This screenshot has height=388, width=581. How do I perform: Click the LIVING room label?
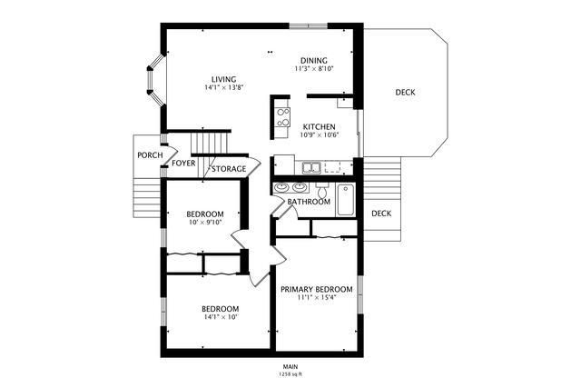[x=223, y=78]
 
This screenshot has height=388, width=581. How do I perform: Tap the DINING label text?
[x=314, y=60]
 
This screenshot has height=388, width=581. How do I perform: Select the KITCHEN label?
[x=319, y=127]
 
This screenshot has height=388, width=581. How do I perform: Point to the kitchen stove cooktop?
[x=281, y=115]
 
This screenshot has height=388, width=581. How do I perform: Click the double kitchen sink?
[x=311, y=167]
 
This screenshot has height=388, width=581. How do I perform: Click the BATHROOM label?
[x=309, y=202]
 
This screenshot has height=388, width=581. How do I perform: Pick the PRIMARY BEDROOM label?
[x=316, y=289]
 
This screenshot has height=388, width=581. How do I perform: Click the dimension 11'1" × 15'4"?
[x=316, y=298]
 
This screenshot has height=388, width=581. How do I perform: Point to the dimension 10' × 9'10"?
[x=205, y=223]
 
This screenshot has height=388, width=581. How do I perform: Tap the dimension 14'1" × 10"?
[x=221, y=317]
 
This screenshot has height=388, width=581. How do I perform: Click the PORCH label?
[x=150, y=155]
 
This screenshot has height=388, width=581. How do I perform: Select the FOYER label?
[x=184, y=164]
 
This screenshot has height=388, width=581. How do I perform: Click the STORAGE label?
[x=229, y=169]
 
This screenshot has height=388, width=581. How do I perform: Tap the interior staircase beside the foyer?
[x=212, y=144]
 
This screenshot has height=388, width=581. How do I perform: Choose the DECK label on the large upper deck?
[x=406, y=93]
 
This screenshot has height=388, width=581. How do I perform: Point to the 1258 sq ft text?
[x=290, y=374]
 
